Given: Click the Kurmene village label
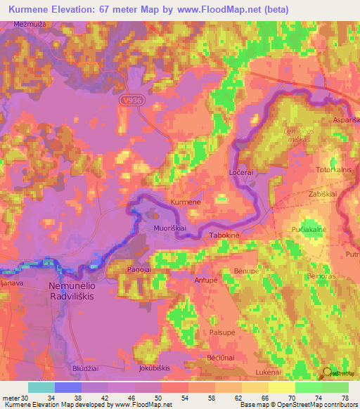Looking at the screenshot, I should tap(186, 202).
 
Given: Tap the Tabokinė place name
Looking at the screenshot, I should tap(225, 236).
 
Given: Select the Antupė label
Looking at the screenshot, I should tap(206, 280).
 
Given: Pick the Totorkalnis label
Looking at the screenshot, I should tap(315, 170).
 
